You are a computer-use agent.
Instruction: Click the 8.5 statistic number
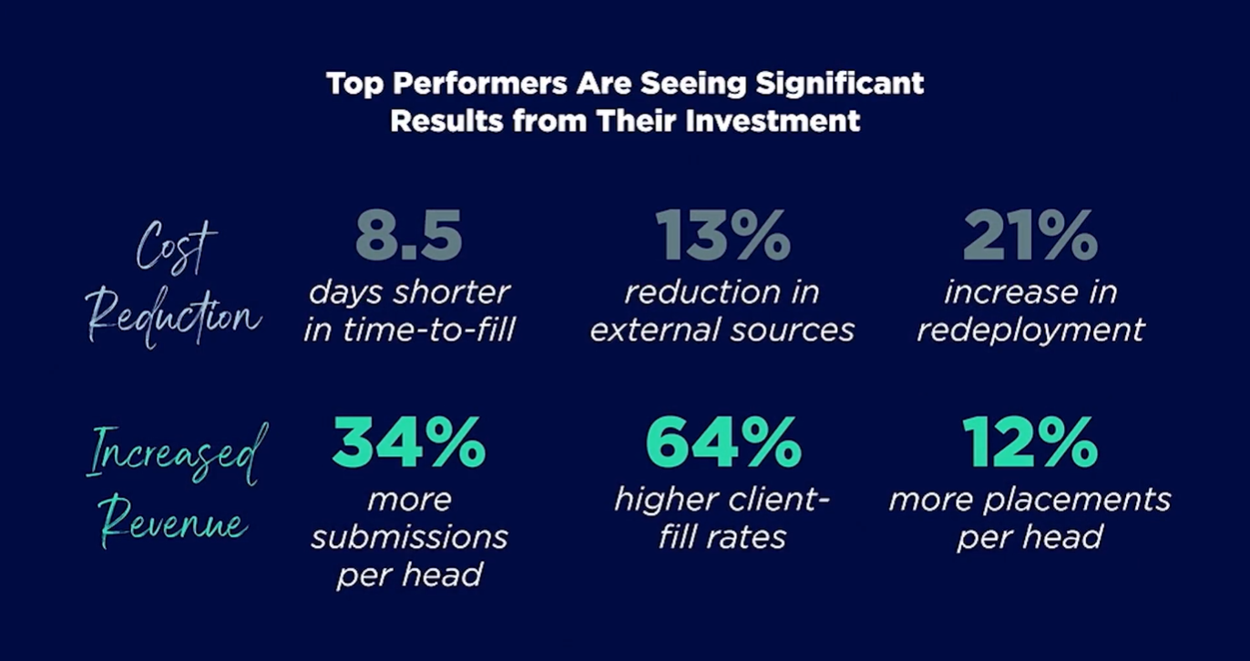click(409, 235)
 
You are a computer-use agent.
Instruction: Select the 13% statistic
click(722, 235)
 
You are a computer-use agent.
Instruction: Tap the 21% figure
click(1030, 235)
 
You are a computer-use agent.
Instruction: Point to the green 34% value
click(409, 442)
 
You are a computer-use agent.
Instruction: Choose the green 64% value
click(723, 442)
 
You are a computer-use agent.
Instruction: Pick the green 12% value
click(1030, 442)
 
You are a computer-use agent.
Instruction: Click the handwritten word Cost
click(176, 247)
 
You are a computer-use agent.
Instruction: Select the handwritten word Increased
click(178, 454)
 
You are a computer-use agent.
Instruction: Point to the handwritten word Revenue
click(174, 522)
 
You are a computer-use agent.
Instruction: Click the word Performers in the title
click(480, 85)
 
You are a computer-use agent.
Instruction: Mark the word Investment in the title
click(773, 120)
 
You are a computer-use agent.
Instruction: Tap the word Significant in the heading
click(840, 85)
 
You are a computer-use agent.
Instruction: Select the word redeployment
click(1031, 330)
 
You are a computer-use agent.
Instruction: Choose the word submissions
click(410, 537)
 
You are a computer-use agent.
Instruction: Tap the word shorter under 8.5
click(451, 292)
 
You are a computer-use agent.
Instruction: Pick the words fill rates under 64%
click(722, 537)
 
